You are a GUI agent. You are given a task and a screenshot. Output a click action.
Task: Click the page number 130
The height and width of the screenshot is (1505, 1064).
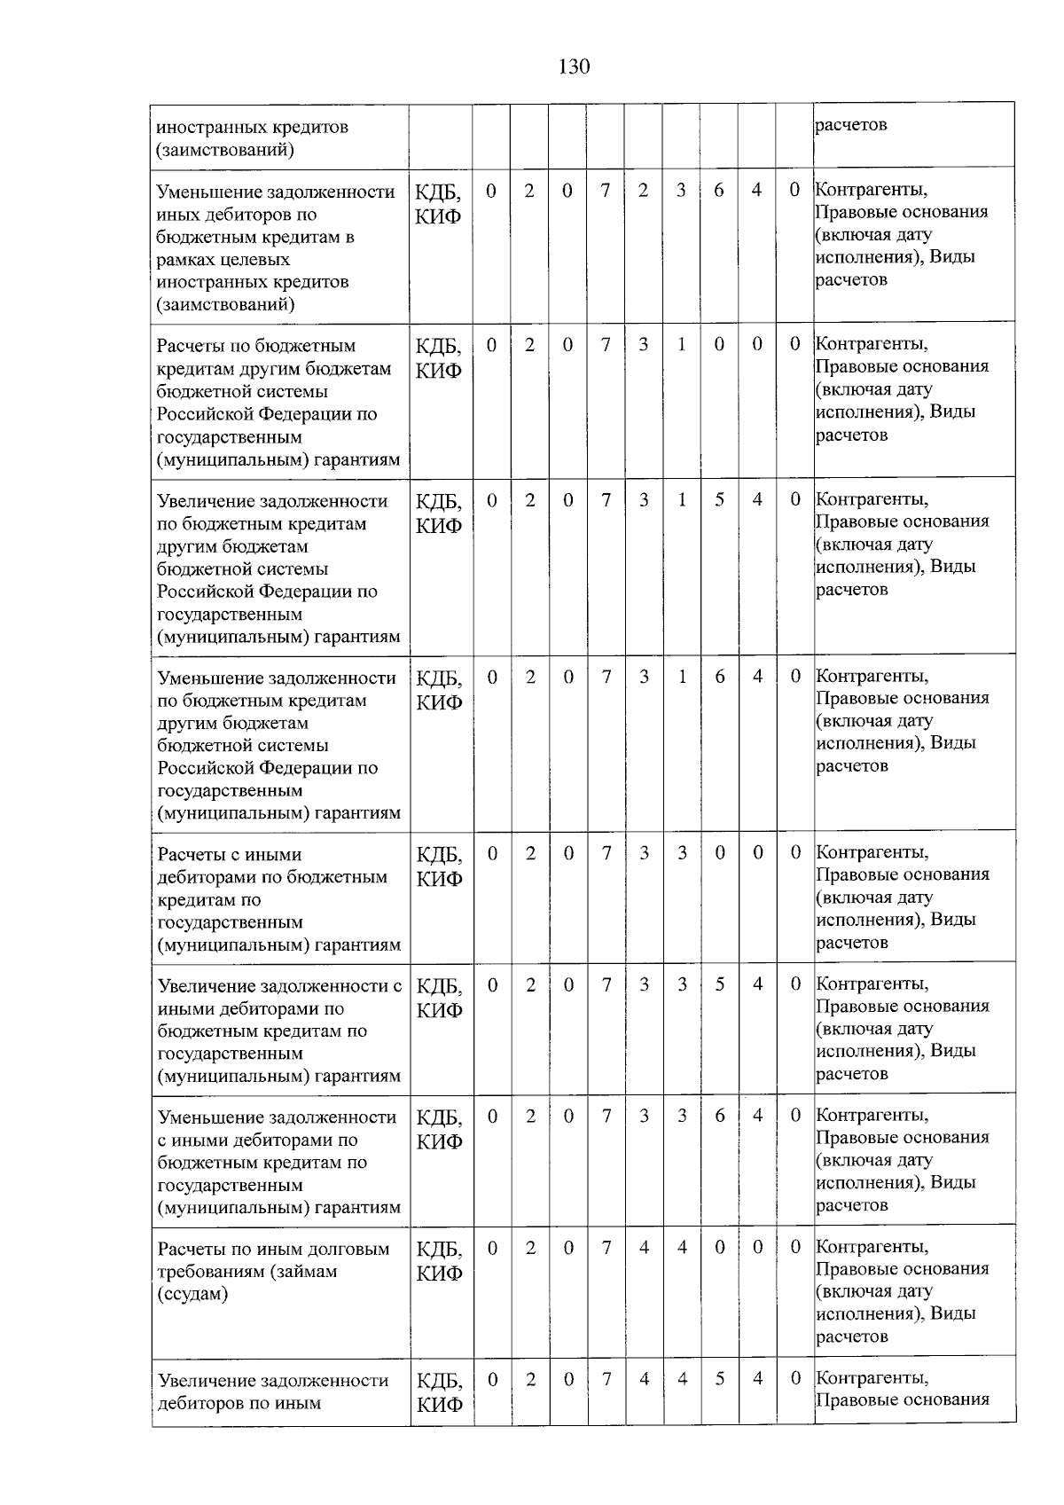click(574, 67)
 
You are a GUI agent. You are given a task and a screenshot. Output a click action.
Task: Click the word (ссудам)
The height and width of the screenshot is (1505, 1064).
click(192, 1294)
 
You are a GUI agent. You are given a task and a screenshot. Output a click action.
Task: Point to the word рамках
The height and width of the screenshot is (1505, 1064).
click(185, 260)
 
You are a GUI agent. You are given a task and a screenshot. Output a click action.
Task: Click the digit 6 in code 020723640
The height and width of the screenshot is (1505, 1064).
click(718, 190)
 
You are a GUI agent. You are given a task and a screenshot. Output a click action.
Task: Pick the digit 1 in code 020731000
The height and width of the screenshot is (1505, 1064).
click(682, 344)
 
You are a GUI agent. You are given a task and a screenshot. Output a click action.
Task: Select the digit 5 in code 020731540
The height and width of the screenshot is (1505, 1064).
click(719, 499)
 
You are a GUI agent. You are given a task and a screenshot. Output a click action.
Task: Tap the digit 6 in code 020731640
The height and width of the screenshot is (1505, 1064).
click(719, 677)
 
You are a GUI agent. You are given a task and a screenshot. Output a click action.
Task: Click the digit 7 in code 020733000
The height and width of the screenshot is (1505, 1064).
click(606, 852)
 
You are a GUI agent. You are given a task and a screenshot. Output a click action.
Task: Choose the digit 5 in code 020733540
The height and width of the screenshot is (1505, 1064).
click(720, 984)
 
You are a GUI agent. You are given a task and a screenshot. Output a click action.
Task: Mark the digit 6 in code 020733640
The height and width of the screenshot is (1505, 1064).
click(720, 1115)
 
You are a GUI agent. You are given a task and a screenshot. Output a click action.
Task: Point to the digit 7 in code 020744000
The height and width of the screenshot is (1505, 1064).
click(606, 1247)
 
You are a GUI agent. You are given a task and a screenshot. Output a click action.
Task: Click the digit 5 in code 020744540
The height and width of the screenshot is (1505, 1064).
click(720, 1378)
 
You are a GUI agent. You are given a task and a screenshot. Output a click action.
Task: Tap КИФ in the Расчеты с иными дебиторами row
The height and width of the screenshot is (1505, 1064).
click(439, 879)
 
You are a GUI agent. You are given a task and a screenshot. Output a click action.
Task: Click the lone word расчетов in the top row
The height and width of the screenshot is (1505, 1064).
click(850, 125)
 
